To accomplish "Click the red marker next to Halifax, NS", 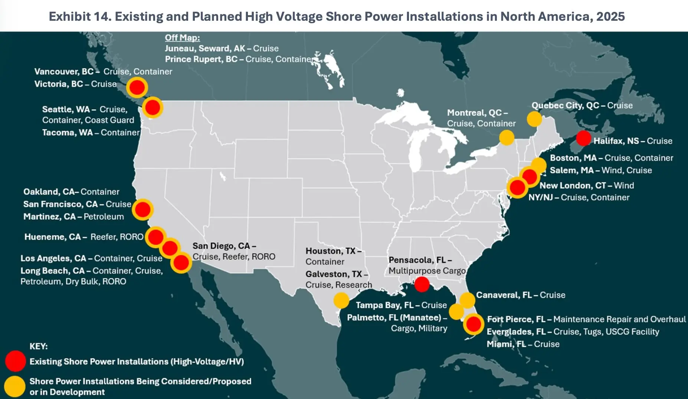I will point(583,138).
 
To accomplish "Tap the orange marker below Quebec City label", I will point(534,119).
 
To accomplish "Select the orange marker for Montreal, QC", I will point(507,137).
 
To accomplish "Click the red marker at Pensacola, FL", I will point(422,284).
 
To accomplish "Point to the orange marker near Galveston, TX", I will point(341,300).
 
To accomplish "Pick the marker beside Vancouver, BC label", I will point(137,88).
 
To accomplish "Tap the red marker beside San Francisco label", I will point(142,209).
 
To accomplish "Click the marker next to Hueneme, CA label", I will point(155,237).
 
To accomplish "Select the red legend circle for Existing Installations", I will point(15,361).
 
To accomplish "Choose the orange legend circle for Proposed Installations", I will point(15,386).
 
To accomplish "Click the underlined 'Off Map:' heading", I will point(182,38).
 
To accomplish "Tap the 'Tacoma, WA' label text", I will point(68,133).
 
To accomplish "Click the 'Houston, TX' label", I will point(330,251).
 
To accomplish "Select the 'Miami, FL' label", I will point(506,344).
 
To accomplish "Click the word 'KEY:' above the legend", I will point(39,346).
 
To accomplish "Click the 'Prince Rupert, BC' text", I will point(201,59).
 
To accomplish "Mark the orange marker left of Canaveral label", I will point(467,300).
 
